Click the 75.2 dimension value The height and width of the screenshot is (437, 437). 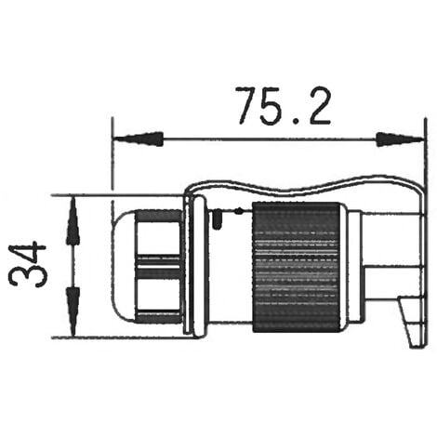(x=283, y=106)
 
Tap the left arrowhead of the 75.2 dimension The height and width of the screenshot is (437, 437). (x=139, y=139)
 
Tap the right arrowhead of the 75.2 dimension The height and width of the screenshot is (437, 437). (x=400, y=139)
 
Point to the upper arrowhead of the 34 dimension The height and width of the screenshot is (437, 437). (x=73, y=220)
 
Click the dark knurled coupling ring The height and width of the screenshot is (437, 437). (x=296, y=267)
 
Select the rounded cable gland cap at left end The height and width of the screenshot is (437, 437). (x=124, y=267)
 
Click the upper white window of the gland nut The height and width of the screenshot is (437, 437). (x=158, y=238)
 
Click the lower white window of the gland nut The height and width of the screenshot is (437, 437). (x=158, y=295)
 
